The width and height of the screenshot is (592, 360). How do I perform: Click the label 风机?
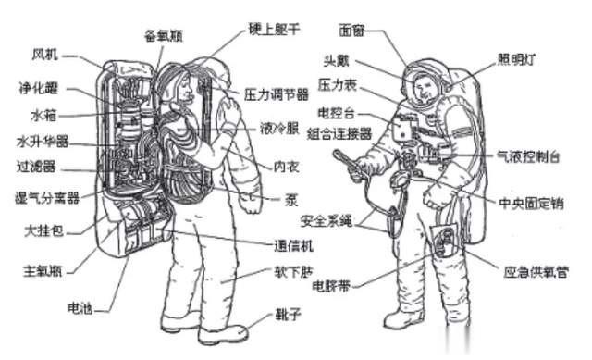45,55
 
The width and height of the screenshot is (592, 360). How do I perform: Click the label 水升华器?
41,143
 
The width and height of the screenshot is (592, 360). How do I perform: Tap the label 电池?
80,306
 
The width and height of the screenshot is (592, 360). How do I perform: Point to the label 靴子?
288,315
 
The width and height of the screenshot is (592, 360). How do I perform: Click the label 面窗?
352,30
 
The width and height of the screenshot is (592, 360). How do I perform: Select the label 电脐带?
333,284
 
